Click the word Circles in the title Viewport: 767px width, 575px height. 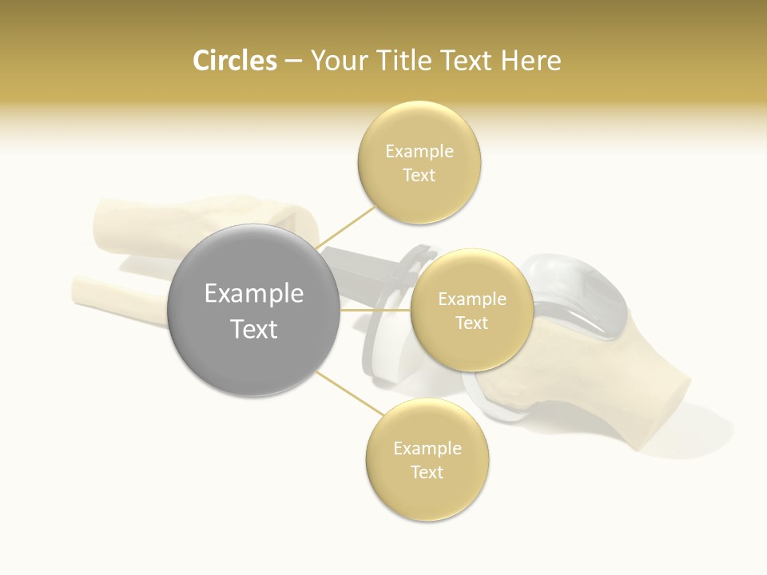[x=234, y=61]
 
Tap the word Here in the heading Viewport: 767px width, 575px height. [x=531, y=61]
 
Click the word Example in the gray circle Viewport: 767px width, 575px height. [x=253, y=293]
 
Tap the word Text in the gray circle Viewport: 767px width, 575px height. [x=253, y=328]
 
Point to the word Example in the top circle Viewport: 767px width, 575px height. [x=419, y=151]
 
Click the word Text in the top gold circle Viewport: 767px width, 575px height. [x=419, y=175]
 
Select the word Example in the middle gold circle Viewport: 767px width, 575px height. [x=471, y=299]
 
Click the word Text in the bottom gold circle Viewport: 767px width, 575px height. [x=427, y=472]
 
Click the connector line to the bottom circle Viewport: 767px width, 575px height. [x=344, y=391]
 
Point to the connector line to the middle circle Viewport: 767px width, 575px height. [x=375, y=310]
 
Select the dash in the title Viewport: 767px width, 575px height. [x=293, y=61]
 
